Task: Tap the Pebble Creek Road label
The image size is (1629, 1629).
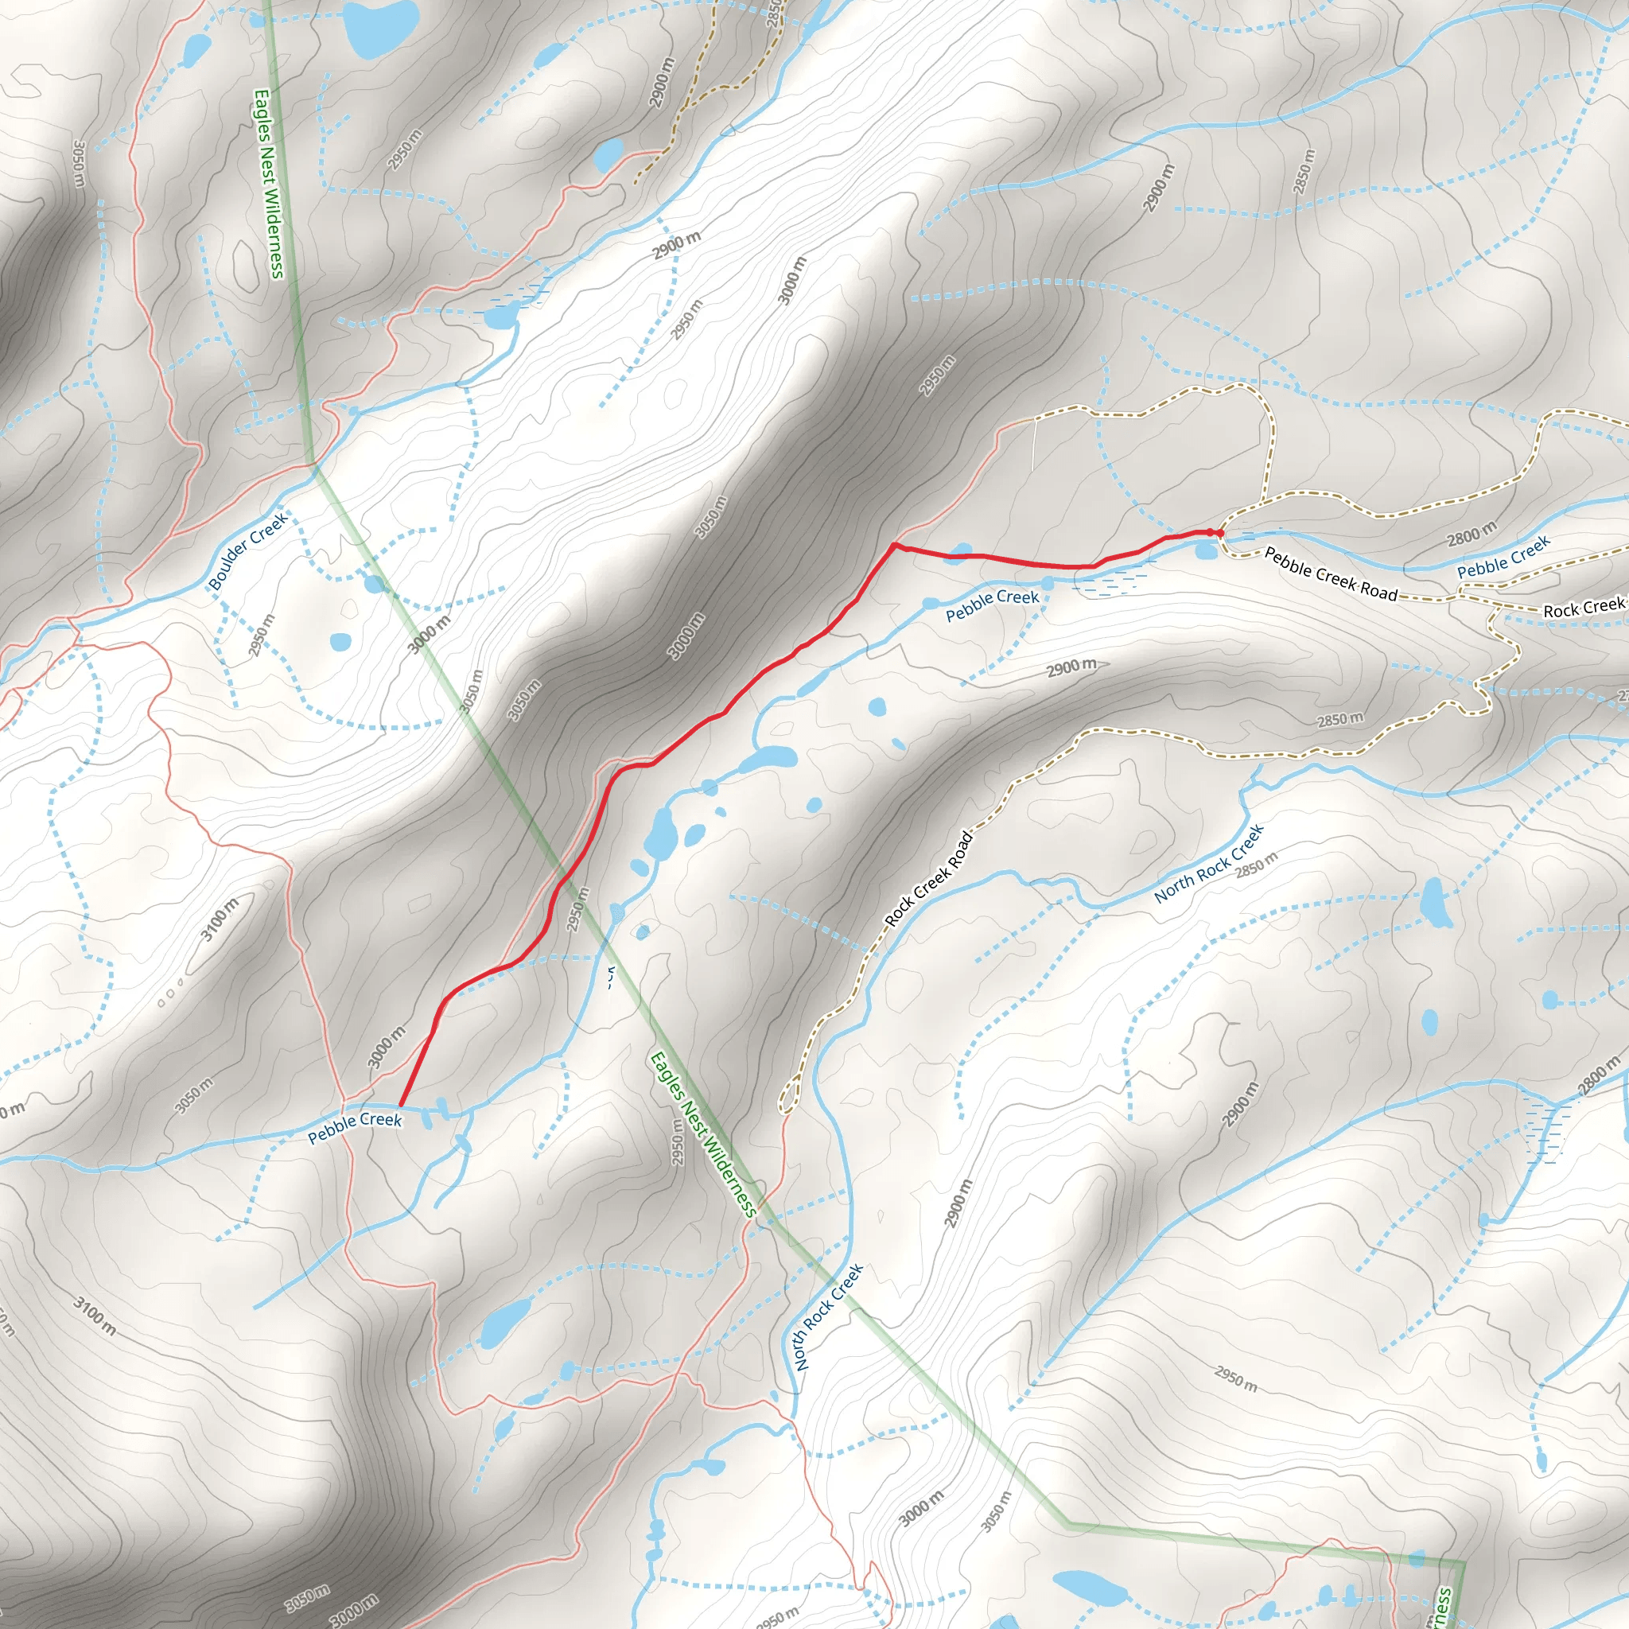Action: [1331, 574]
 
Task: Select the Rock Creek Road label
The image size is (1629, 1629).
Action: [928, 880]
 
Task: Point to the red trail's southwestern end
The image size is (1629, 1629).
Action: [399, 1105]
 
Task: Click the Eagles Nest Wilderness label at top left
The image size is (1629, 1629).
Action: [269, 184]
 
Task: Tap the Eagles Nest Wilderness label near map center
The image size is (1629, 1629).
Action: [702, 1133]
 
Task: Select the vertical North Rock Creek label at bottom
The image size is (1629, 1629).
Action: [829, 1317]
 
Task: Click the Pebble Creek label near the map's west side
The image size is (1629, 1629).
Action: [354, 1126]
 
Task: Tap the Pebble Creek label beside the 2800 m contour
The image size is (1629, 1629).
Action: [1503, 557]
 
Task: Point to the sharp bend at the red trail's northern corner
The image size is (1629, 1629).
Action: [894, 545]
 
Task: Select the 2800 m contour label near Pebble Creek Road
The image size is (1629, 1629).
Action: [1472, 534]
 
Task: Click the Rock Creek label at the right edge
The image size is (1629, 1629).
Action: [1583, 607]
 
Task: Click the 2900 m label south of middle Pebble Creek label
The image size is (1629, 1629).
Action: [1071, 668]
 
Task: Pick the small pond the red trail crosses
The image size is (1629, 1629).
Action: [958, 554]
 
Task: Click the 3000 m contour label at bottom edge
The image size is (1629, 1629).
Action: [353, 1611]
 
